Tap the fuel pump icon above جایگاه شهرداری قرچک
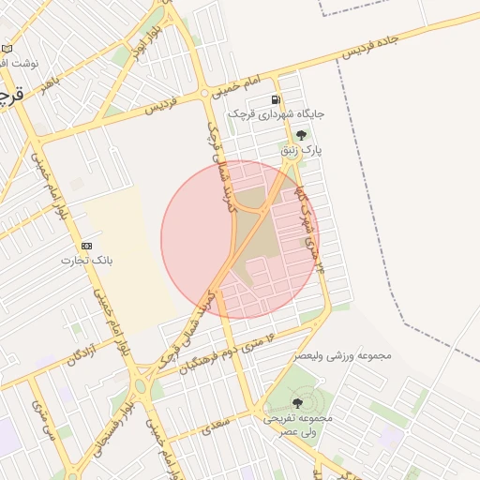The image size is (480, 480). (275, 99)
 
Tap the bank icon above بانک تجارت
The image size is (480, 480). (87, 245)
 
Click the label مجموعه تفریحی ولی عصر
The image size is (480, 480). (297, 424)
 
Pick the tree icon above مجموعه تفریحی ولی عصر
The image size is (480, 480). (297, 403)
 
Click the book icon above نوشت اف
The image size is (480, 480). (7, 48)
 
